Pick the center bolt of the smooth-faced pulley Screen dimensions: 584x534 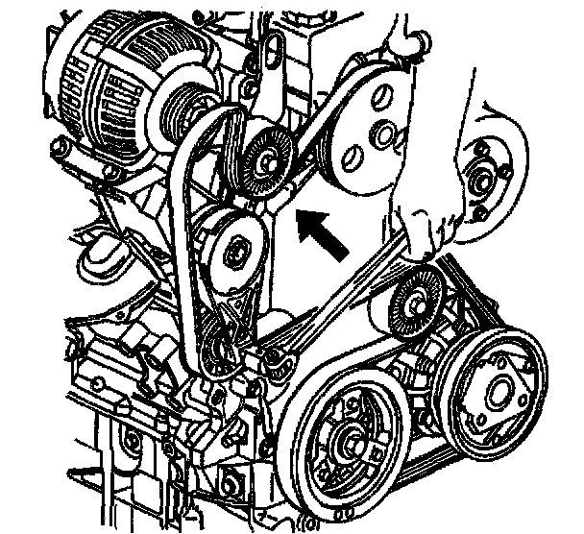[233, 255]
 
